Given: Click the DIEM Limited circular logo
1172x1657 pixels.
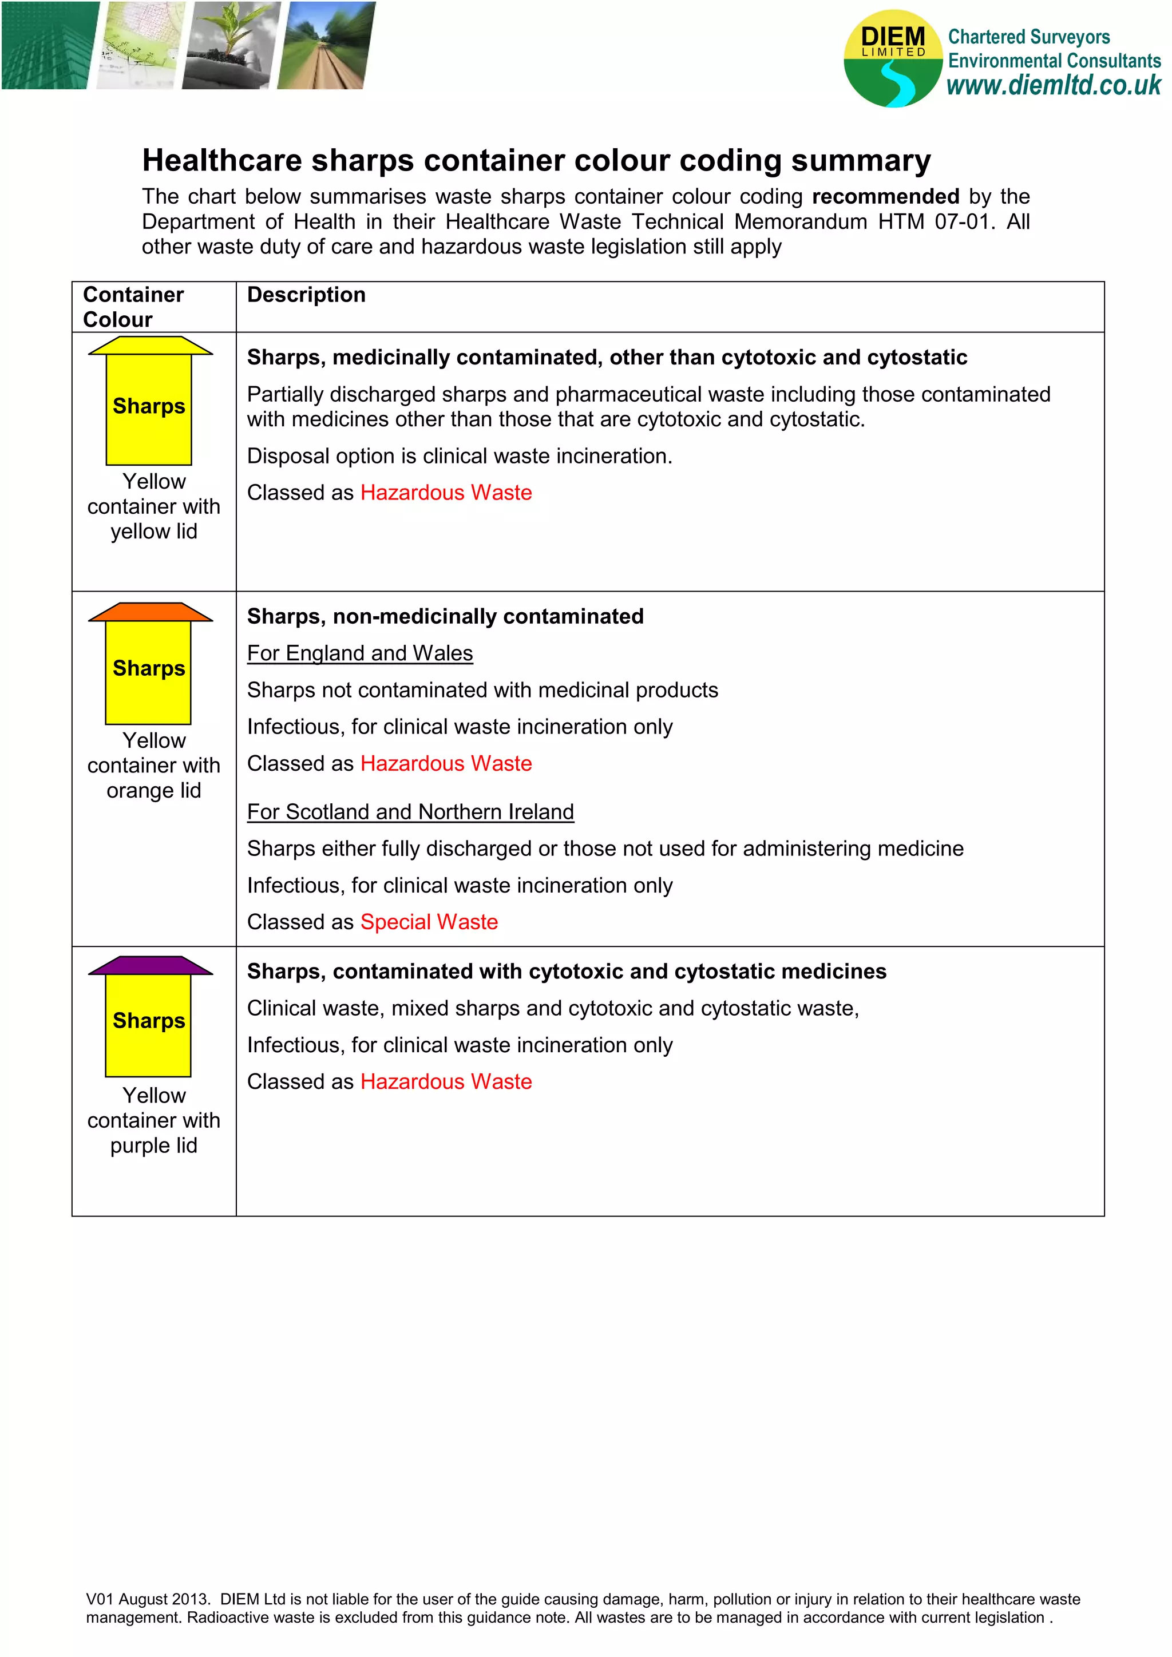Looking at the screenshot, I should [893, 58].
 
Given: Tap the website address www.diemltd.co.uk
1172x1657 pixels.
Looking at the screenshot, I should [1053, 85].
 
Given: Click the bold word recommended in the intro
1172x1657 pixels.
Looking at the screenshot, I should [885, 196].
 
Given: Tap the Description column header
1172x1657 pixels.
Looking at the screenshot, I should [306, 295].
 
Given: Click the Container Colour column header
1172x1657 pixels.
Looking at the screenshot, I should [133, 307].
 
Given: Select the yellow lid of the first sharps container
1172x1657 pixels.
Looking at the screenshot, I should [150, 346].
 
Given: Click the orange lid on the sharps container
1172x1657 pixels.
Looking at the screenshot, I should [150, 612].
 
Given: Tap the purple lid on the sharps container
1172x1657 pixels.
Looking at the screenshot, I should [150, 966].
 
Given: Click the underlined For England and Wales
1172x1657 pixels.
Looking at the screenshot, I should [359, 653].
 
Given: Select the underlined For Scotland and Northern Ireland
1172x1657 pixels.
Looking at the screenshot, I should [410, 812].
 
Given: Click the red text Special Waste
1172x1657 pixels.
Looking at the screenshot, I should [429, 922].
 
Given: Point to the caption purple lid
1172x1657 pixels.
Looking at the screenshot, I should [154, 1145].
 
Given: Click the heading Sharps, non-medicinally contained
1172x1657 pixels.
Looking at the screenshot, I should [445, 616].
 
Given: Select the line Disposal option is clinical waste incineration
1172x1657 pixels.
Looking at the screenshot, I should [459, 456].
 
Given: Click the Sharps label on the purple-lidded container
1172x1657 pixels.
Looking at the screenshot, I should [149, 1021].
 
